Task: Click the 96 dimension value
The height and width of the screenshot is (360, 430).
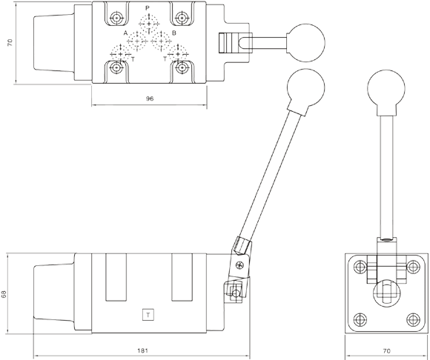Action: point(150,99)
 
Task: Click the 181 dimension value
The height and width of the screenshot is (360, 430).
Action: point(142,350)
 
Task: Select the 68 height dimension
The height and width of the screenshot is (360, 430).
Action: point(4,294)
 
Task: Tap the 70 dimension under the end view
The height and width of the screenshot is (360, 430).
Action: point(386,350)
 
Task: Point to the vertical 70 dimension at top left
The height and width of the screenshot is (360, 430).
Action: point(10,42)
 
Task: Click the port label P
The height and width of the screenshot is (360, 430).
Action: point(148,8)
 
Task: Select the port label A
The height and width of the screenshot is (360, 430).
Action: point(125,33)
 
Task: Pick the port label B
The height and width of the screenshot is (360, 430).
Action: point(174,33)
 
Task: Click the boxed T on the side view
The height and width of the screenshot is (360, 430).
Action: point(148,315)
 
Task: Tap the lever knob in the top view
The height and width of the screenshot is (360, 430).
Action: point(306,42)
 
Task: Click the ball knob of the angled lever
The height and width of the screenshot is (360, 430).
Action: point(305,87)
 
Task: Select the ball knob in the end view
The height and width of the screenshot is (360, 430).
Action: point(386,87)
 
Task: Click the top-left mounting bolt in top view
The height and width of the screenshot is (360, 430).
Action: point(117,19)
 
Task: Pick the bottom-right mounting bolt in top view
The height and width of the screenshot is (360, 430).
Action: point(181,67)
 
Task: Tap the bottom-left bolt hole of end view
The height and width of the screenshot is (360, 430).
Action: point(360,319)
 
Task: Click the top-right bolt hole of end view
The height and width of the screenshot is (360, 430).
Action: point(413,267)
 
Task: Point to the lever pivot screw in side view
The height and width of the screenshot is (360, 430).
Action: point(239,265)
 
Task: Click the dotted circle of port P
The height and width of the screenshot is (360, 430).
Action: point(149,24)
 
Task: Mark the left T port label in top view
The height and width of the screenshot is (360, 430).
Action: point(133,59)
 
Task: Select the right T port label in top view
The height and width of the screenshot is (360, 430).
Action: point(165,59)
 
